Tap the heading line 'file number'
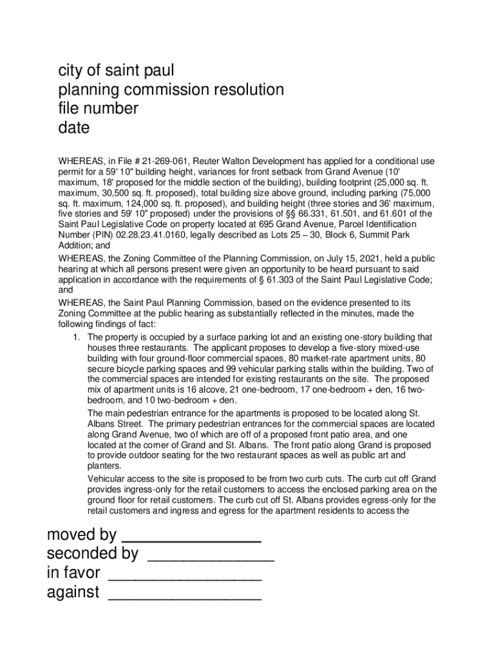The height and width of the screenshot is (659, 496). (x=98, y=109)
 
